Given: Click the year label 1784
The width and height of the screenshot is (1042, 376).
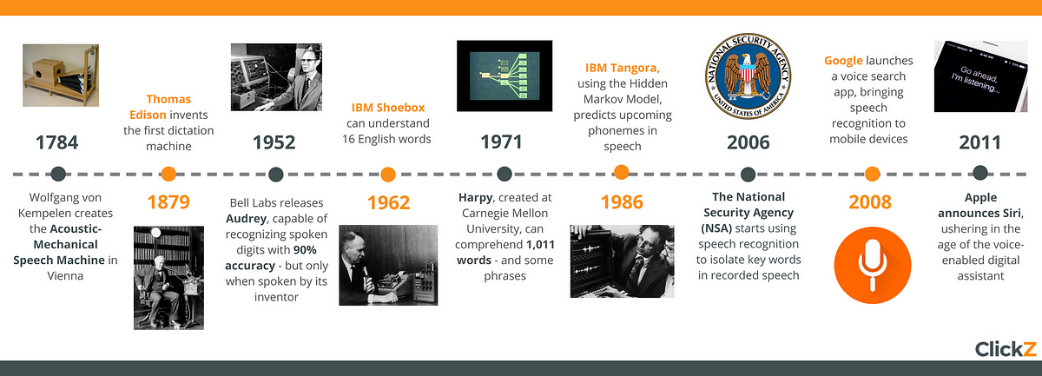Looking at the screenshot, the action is (x=56, y=142).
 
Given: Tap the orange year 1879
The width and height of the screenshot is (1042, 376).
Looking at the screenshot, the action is (x=168, y=202).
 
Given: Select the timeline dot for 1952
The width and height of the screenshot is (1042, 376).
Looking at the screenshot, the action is (x=276, y=174).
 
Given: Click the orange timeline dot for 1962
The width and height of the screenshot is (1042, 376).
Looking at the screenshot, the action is (x=388, y=175).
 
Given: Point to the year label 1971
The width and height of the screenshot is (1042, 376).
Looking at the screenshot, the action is (x=501, y=142).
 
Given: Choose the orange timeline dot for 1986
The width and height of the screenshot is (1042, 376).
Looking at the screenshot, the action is (x=622, y=172).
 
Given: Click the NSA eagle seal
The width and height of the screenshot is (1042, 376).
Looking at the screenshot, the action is (x=748, y=76).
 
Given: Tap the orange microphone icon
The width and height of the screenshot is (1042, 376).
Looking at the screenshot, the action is (x=872, y=265).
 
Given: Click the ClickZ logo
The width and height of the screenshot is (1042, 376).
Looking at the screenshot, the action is (x=1006, y=349).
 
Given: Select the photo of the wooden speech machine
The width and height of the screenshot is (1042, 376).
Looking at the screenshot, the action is (x=61, y=76).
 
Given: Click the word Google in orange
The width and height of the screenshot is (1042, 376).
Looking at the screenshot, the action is (x=843, y=61).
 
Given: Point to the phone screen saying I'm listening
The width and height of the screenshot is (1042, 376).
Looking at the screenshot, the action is (x=980, y=76).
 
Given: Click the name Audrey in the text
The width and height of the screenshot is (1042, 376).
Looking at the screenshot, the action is (x=246, y=219).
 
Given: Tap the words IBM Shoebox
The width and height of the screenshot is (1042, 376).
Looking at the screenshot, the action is (x=388, y=108).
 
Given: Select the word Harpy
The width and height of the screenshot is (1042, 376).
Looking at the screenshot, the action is (x=476, y=198).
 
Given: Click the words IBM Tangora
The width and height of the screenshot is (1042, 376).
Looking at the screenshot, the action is (x=623, y=68).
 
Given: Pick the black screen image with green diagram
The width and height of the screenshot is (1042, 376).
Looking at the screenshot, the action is (x=505, y=76).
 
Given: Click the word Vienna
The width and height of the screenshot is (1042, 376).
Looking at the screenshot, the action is (x=65, y=276).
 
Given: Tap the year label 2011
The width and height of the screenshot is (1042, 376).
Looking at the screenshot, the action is (x=979, y=142).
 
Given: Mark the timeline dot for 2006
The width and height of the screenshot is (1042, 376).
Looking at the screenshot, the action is (x=748, y=175).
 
